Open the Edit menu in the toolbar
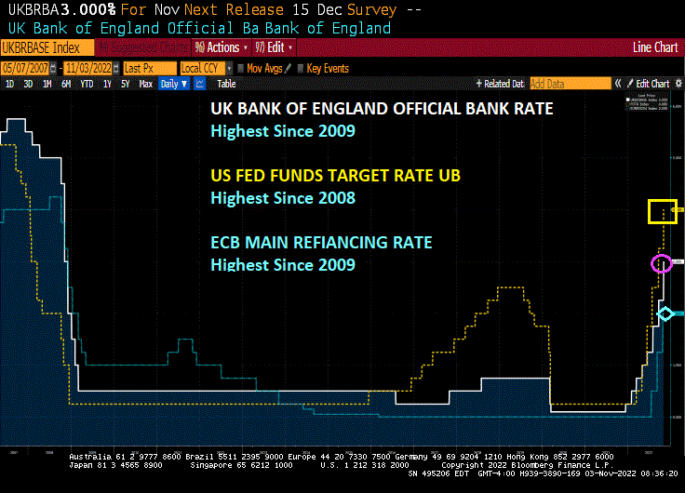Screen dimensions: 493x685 pyautogui.click(x=275, y=47)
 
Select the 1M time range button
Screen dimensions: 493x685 pyautogui.click(x=46, y=84)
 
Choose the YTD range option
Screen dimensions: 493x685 pyautogui.click(x=87, y=84)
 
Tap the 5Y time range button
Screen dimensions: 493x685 pyautogui.click(x=125, y=84)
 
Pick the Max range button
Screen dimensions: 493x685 pyautogui.click(x=145, y=84)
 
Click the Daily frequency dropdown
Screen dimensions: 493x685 pyautogui.click(x=173, y=84)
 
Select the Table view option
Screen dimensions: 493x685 pyautogui.click(x=226, y=84)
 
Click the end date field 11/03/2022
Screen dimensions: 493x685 pyautogui.click(x=90, y=68)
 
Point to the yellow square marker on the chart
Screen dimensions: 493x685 pyautogui.click(x=663, y=212)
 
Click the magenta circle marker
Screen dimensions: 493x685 pyautogui.click(x=661, y=264)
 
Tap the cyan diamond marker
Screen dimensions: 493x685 pyautogui.click(x=665, y=314)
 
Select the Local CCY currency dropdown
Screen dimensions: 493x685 pyautogui.click(x=201, y=68)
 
